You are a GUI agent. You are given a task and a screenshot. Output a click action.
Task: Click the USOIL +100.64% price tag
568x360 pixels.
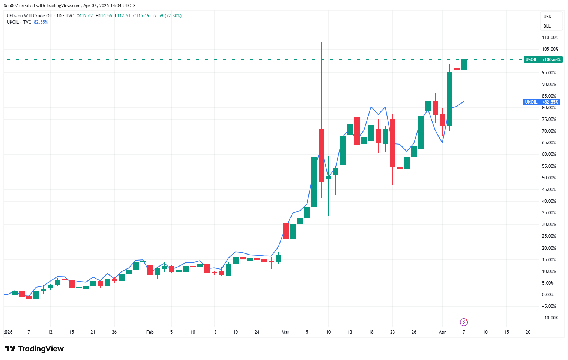click(x=543, y=60)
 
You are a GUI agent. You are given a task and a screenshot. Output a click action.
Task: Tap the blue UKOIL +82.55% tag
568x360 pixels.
click(x=542, y=102)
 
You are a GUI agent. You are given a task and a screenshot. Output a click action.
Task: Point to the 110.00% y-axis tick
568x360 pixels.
click(x=550, y=38)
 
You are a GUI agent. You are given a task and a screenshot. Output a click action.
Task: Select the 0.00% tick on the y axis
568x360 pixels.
click(x=548, y=295)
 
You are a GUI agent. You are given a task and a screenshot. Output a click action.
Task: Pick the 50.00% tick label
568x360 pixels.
click(x=549, y=178)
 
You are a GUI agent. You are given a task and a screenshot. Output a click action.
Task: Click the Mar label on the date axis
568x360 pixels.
click(x=286, y=332)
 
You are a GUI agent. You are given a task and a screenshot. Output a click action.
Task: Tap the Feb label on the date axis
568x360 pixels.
click(x=150, y=332)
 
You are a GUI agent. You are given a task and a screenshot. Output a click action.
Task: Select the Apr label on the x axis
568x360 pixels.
click(x=442, y=332)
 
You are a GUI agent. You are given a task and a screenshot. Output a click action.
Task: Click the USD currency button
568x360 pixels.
click(x=548, y=17)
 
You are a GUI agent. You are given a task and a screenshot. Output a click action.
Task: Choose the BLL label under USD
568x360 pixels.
click(x=547, y=26)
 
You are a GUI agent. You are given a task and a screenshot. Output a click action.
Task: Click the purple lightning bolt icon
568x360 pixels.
click(x=464, y=322)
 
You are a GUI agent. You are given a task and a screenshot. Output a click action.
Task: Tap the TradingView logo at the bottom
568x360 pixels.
click(x=34, y=349)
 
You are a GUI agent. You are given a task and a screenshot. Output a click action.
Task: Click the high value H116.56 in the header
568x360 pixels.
click(x=104, y=16)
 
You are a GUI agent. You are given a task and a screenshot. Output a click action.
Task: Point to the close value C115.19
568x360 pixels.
click(x=141, y=16)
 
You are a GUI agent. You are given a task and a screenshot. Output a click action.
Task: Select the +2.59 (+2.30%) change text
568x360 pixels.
click(x=167, y=16)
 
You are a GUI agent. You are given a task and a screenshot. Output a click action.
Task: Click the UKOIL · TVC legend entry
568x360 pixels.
click(x=19, y=22)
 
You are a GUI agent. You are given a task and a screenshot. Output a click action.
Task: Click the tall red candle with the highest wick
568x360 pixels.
click(x=321, y=155)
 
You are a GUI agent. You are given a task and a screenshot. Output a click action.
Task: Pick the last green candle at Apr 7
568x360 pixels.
click(x=464, y=65)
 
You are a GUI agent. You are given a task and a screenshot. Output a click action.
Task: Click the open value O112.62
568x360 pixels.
click(x=85, y=16)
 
